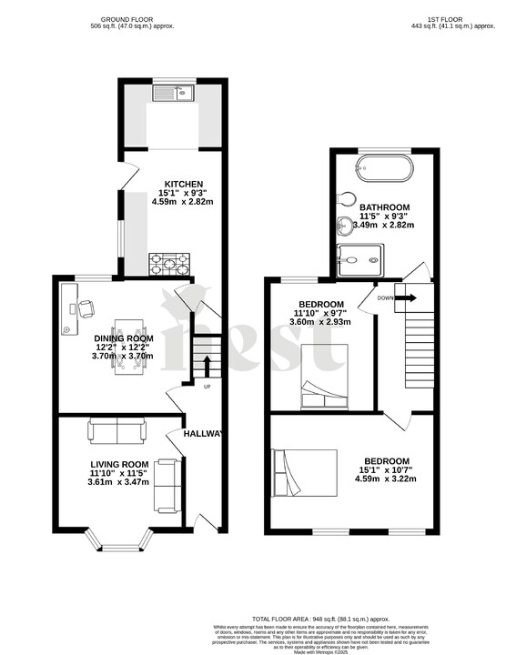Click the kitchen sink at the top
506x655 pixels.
pyautogui.click(x=174, y=91)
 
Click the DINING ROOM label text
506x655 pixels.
pyautogui.click(x=124, y=339)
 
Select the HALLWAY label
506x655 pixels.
pyautogui.click(x=202, y=434)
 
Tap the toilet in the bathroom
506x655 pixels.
pyautogui.click(x=347, y=199)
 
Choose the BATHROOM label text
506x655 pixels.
pyautogui.click(x=383, y=207)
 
